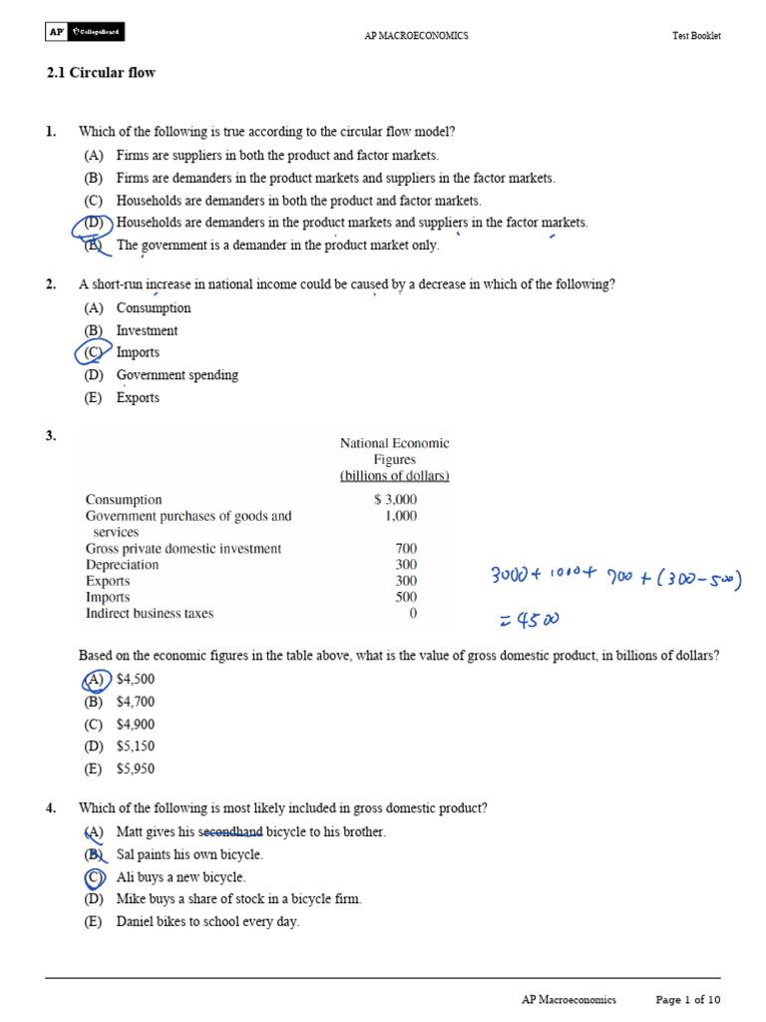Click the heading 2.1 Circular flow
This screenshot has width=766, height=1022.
click(101, 73)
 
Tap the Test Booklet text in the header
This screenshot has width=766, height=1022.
click(696, 36)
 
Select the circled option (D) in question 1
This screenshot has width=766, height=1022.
click(95, 223)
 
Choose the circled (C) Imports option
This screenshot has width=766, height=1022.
click(94, 352)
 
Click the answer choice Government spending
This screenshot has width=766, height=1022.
click(177, 375)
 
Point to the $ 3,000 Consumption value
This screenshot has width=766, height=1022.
click(395, 500)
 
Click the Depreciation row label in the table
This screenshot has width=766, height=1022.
click(122, 565)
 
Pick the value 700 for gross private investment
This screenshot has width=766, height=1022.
click(406, 549)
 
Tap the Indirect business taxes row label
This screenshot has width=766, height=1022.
click(150, 614)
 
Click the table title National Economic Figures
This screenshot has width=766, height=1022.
click(395, 451)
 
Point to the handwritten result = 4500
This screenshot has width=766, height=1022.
click(529, 620)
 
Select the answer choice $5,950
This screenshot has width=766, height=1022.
click(136, 768)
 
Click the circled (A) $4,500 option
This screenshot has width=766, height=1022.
click(95, 680)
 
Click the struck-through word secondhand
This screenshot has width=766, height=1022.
click(230, 831)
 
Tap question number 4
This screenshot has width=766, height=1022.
click(51, 808)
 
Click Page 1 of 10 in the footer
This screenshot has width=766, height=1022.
click(687, 999)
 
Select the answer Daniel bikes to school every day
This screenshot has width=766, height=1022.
click(206, 922)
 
